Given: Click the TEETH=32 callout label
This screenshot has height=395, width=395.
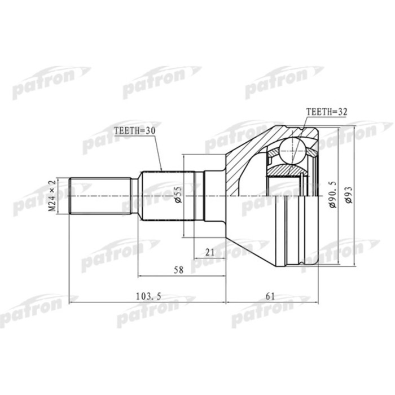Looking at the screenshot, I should (x=325, y=111).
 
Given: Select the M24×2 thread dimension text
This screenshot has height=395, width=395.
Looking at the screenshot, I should (x=51, y=196).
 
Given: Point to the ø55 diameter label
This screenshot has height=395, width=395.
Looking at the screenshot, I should (x=177, y=195).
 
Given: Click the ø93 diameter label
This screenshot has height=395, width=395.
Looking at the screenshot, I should (x=349, y=195).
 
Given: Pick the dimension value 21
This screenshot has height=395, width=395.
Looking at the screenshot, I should (x=210, y=252).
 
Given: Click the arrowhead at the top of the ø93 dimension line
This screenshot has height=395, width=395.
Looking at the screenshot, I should (x=353, y=129).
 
